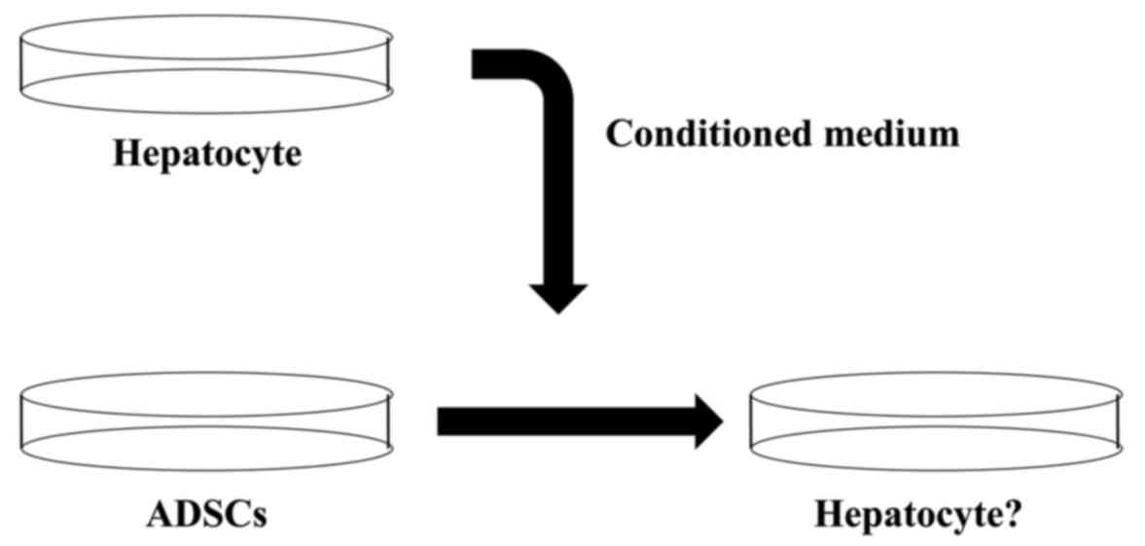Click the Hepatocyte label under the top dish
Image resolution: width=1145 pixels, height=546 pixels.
click(206, 154)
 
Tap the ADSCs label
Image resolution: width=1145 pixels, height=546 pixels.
click(206, 513)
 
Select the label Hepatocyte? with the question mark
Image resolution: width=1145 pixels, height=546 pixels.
click(916, 513)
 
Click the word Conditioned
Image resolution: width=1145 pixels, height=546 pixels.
click(705, 134)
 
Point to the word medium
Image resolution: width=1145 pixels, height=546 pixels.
click(889, 134)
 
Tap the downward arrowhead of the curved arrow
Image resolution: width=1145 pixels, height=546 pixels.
click(557, 296)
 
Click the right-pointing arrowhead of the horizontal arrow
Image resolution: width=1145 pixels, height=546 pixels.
click(707, 421)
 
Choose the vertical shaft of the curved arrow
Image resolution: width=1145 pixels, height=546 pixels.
click(557, 195)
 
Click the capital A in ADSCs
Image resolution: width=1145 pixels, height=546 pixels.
click(159, 513)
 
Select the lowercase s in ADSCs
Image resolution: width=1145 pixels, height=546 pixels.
click(258, 516)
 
